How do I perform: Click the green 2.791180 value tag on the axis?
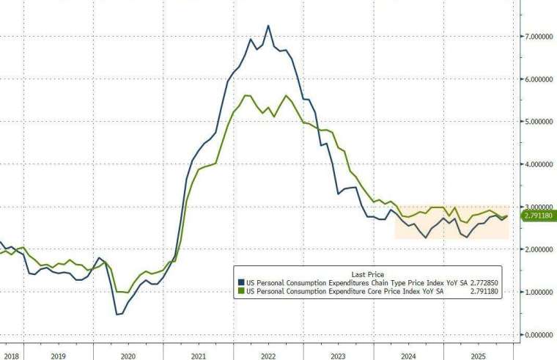[x=539, y=216]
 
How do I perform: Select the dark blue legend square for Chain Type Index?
[x=240, y=282]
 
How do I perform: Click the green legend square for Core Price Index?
[x=240, y=290]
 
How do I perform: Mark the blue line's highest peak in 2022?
[x=268, y=26]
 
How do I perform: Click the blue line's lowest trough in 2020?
[x=117, y=315]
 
